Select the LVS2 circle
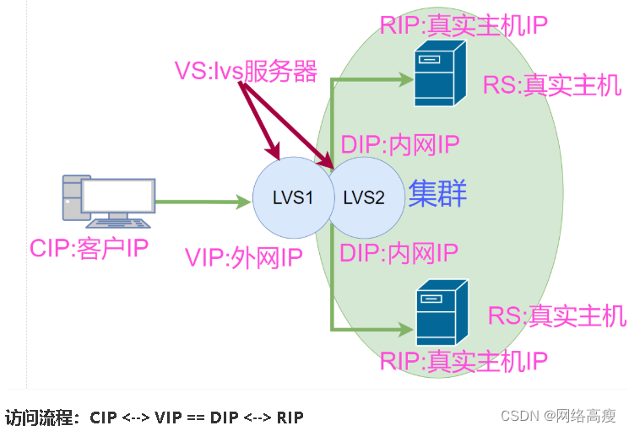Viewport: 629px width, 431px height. point(365,198)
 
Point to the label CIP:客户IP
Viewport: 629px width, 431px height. point(89,249)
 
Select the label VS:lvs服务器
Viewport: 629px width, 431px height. point(246,72)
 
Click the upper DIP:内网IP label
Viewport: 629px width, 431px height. point(399,146)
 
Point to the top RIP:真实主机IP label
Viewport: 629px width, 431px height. point(464,24)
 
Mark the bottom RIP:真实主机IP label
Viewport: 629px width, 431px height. point(464,362)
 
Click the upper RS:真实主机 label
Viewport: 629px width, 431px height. point(552,85)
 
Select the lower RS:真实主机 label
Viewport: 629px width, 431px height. point(557,316)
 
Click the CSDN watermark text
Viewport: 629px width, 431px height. point(558,416)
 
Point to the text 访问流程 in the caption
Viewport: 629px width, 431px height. point(41,417)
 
